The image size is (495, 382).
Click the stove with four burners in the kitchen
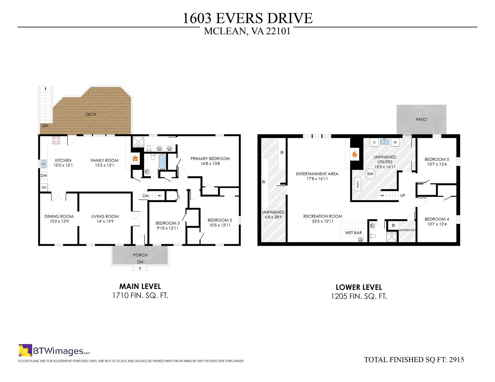pos(56,140)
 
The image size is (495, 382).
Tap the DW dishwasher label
pos(44,176)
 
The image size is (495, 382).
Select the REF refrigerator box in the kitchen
pos(44,188)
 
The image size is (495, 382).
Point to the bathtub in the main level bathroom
pos(162,162)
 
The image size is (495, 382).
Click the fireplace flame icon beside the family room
pos(135,158)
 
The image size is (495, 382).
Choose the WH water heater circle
pos(370,174)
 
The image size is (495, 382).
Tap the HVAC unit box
pos(358,185)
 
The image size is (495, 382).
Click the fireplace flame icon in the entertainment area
pos(355,154)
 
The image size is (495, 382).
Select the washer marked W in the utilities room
pos(395,142)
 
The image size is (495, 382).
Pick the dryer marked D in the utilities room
pos(374,142)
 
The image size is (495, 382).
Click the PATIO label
pos(421,119)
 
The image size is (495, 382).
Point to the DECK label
pos(91,114)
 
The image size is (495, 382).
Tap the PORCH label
pos(140,255)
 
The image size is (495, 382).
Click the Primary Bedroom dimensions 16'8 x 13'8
pos(210,163)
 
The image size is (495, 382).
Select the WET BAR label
pos(354,233)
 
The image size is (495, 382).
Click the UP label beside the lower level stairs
pos(402,196)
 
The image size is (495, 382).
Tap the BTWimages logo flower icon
pos(25,350)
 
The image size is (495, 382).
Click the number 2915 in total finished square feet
pos(457,359)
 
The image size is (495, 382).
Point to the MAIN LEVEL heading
pos(140,286)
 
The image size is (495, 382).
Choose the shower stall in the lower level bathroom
pos(392,237)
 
